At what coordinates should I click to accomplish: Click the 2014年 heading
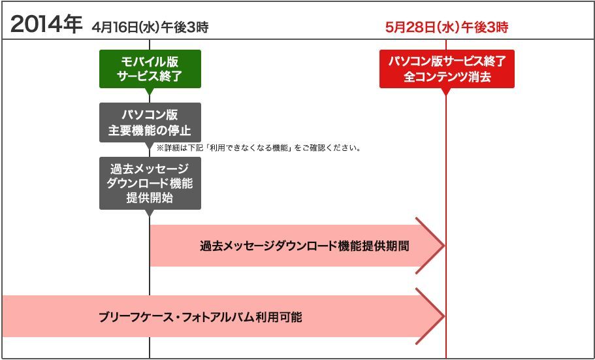46,25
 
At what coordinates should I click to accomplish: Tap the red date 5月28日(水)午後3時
447,27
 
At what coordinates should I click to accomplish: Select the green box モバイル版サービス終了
150,69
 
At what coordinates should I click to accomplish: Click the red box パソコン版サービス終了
447,69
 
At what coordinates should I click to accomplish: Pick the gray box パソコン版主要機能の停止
150,122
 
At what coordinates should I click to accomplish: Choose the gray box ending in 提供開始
150,183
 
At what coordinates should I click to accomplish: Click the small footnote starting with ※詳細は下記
259,148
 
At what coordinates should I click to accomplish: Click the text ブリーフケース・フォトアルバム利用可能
200,318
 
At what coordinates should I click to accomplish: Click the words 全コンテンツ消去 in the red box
447,76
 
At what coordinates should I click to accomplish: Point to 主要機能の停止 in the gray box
150,129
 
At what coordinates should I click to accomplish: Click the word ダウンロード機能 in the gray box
150,184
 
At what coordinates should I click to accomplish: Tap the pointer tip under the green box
150,93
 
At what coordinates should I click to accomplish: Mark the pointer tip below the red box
446,93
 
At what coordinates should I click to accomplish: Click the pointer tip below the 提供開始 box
150,214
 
